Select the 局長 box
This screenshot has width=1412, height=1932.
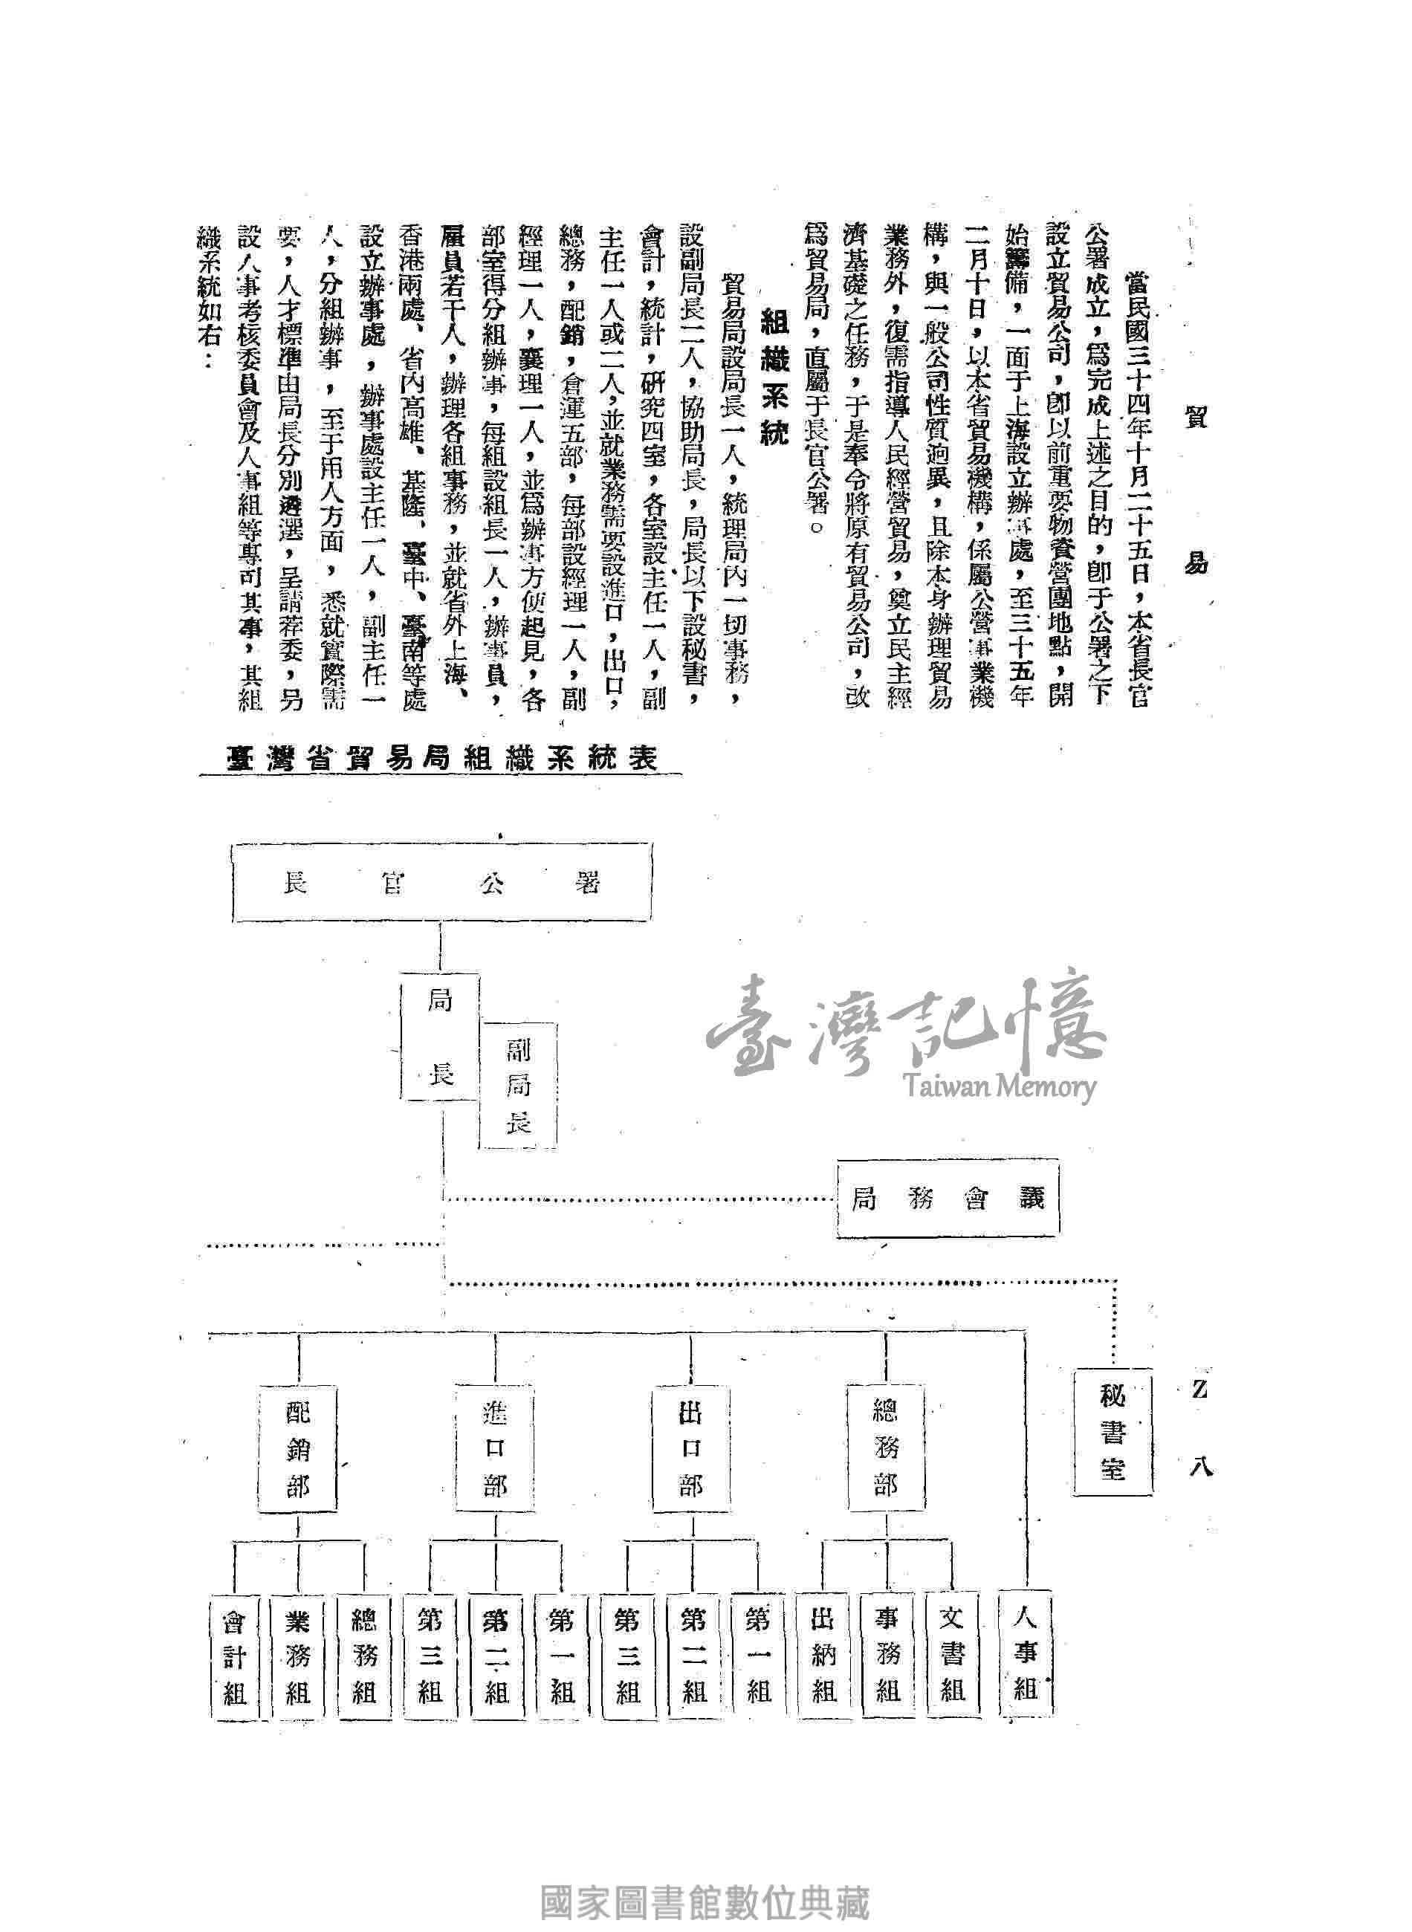440,1037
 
